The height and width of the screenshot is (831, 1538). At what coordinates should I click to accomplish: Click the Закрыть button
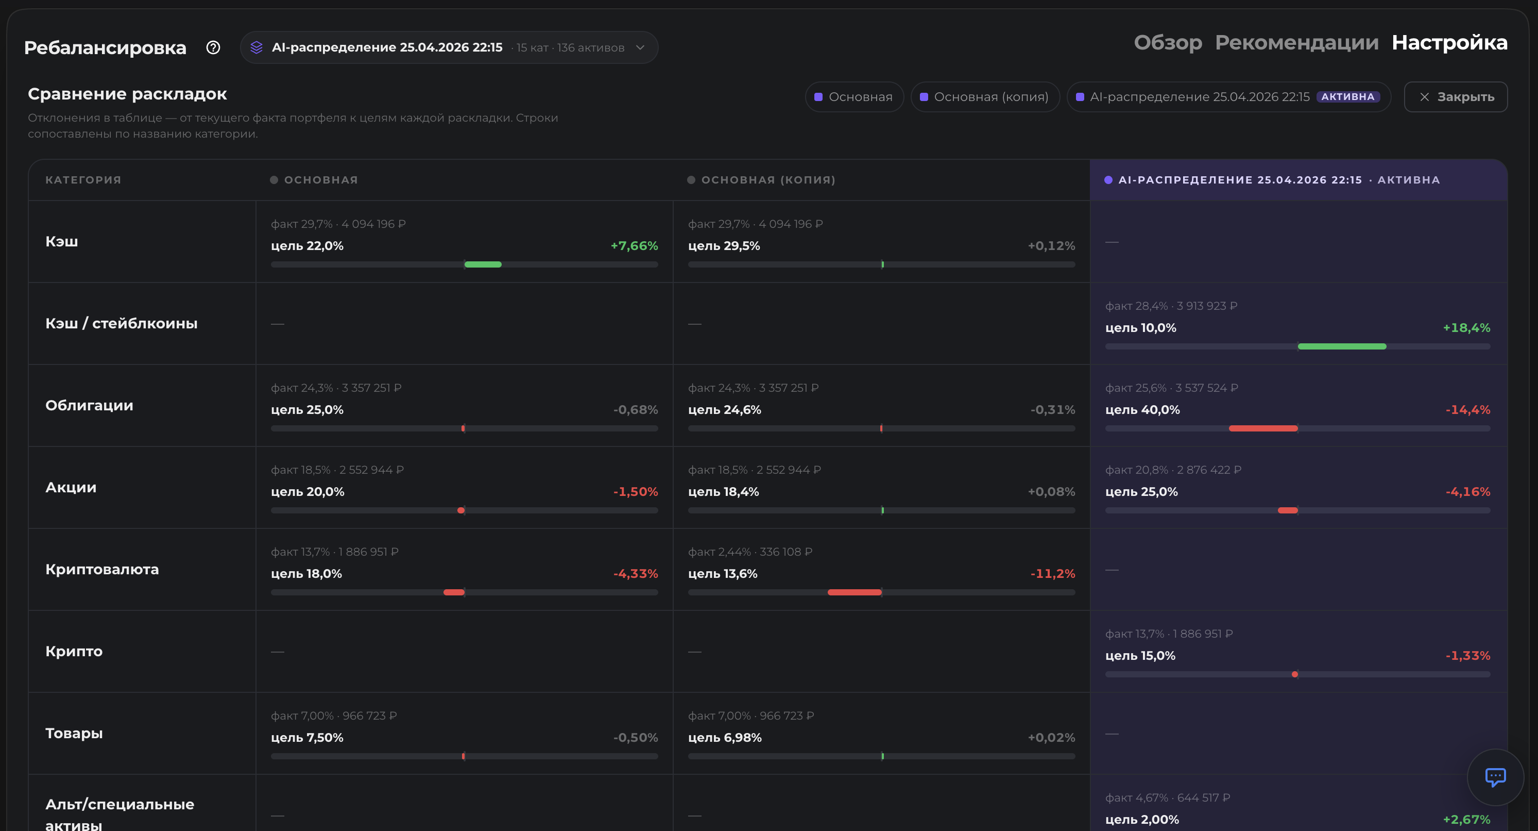(x=1456, y=97)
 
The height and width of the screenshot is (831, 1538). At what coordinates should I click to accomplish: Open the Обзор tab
(x=1168, y=42)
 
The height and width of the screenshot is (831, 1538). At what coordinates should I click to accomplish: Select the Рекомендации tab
(x=1297, y=42)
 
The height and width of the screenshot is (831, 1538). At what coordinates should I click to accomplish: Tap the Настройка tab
(x=1449, y=42)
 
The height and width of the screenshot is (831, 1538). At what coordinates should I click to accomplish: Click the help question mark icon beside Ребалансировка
(x=213, y=47)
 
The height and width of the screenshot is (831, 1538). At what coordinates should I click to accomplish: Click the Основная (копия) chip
(x=985, y=97)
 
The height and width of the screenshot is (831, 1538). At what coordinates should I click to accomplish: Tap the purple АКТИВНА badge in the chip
(x=1347, y=97)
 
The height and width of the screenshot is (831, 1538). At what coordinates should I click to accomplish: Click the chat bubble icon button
(x=1495, y=777)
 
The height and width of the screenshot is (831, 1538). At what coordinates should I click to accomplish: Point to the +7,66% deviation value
(x=634, y=245)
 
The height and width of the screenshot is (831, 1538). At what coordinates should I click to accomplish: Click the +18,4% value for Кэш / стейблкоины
(x=1466, y=327)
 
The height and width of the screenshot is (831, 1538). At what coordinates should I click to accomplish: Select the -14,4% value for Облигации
(x=1467, y=410)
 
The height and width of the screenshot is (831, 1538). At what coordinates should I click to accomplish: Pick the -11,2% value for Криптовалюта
(x=1053, y=574)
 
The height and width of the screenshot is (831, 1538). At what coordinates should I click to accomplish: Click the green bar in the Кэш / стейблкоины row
(x=1342, y=346)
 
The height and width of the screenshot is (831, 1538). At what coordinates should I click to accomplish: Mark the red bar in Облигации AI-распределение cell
(x=1263, y=428)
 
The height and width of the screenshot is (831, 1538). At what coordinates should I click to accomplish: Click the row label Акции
(x=71, y=488)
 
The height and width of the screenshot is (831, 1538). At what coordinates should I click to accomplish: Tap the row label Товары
(x=74, y=733)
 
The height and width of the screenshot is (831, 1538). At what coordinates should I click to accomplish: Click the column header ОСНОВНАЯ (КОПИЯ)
(x=768, y=180)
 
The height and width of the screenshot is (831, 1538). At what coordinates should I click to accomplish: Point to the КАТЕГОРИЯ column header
(x=83, y=180)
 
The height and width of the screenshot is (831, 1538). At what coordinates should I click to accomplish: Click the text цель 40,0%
(x=1142, y=410)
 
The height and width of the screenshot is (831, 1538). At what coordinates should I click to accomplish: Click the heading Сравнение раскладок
(x=127, y=94)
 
